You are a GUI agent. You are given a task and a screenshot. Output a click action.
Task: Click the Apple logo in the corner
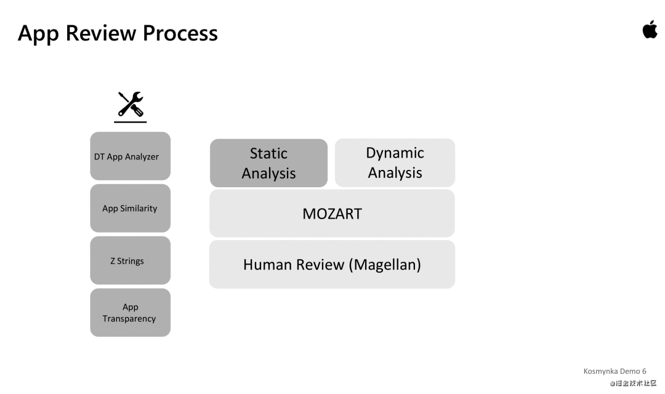650,30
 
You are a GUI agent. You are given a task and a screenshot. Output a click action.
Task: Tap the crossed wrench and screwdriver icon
131,104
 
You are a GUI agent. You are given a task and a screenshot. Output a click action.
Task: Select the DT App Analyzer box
130,156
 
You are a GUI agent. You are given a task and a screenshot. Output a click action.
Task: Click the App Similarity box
130,208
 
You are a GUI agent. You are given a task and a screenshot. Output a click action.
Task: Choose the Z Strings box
130,260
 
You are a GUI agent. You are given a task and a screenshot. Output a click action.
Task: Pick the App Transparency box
130,313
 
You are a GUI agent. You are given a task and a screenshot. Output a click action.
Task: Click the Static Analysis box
268,163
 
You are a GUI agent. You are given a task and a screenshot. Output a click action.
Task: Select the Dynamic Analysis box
395,163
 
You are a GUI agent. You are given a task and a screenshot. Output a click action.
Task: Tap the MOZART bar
332,214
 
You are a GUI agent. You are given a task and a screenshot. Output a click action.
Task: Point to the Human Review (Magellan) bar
332,265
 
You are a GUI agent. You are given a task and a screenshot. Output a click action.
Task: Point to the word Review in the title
101,33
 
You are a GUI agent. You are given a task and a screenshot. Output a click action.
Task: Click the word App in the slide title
38,33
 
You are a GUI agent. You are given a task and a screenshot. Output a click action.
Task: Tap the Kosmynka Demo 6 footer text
615,371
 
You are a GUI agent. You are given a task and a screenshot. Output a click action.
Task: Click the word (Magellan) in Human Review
385,265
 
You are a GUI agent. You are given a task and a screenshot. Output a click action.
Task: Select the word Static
268,153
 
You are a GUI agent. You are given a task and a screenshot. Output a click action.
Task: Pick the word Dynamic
395,153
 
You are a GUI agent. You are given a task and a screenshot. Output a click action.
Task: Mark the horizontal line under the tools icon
131,122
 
